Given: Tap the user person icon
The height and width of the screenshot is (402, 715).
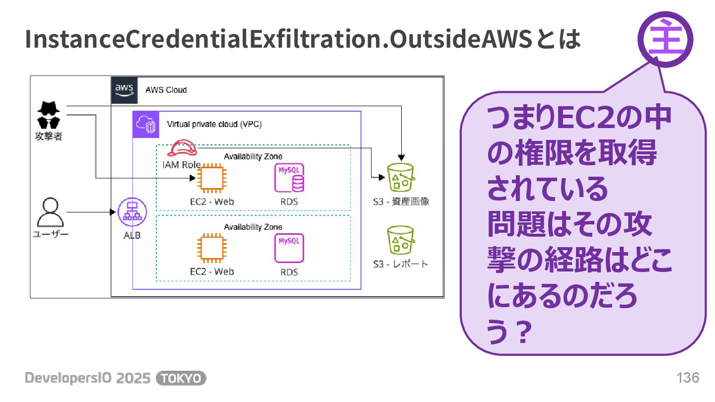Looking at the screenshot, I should click(x=51, y=212).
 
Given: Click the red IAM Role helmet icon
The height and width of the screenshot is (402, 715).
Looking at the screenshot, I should click(x=182, y=148).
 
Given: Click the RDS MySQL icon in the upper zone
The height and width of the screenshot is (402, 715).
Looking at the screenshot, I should click(x=289, y=178).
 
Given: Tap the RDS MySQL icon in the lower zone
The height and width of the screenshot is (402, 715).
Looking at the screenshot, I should click(x=289, y=248).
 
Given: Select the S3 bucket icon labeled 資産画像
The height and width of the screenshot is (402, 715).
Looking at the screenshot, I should click(x=400, y=177).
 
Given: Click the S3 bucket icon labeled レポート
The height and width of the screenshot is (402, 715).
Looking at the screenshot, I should click(x=400, y=240).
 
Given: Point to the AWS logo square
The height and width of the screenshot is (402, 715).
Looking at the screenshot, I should click(x=124, y=90).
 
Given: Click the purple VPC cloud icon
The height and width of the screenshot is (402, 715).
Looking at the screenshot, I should click(x=145, y=124).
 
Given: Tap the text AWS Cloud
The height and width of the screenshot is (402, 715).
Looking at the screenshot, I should click(x=166, y=90).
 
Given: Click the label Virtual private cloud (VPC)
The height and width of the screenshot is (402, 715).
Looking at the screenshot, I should click(x=214, y=124).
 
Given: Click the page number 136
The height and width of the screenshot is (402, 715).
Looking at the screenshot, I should click(x=688, y=378).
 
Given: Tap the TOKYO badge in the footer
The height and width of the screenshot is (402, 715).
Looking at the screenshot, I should click(x=181, y=378).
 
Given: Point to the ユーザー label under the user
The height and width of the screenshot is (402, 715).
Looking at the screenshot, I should click(x=51, y=234).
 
